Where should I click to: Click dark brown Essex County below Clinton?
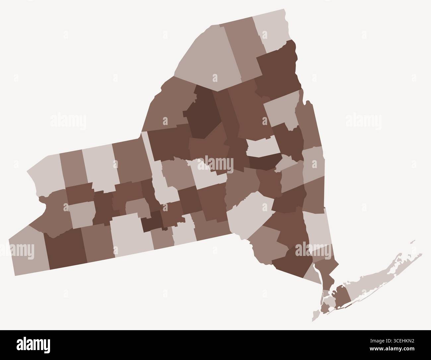point(277,71)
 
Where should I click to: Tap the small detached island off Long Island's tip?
point(412,241)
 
